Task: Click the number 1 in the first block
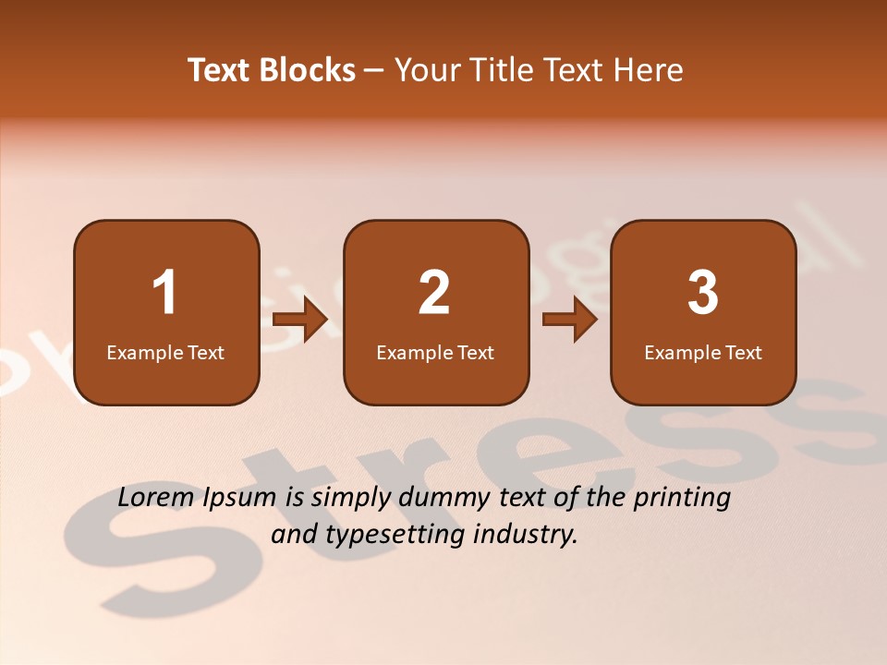(x=165, y=293)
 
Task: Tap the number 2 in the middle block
(x=434, y=293)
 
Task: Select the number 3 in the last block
(x=703, y=293)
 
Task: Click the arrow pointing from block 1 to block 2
(x=301, y=320)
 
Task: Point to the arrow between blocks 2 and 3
(x=570, y=320)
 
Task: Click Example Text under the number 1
(x=165, y=353)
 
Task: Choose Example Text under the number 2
(x=435, y=353)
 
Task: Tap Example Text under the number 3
(x=703, y=353)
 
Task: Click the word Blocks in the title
(x=307, y=70)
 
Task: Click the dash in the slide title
(x=375, y=71)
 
